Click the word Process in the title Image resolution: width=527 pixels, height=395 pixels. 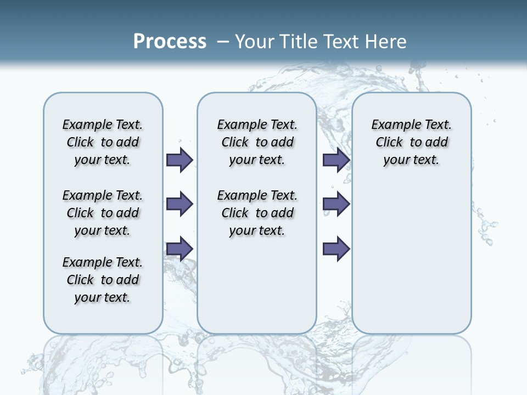coord(170,41)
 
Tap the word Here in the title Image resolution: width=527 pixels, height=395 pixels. coord(386,41)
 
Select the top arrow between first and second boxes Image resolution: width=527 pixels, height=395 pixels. coord(180,160)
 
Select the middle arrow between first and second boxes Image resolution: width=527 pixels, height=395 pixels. coord(180,204)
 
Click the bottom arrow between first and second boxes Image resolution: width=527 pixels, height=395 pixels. coord(180,249)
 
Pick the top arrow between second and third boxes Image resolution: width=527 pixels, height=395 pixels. coord(336,160)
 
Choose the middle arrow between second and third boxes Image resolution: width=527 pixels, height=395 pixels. coord(336,204)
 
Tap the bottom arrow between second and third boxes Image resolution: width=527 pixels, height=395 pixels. coord(336,249)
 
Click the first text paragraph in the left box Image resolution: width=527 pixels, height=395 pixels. coord(103,142)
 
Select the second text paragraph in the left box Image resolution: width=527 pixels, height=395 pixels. coord(103,213)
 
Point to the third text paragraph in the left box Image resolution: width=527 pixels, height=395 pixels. coord(103,280)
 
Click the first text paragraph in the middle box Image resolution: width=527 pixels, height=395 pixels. coord(257,142)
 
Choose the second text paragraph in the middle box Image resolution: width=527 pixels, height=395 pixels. coord(257,213)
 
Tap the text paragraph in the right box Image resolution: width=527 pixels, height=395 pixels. coord(412,142)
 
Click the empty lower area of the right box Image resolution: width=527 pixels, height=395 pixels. coord(412,263)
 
